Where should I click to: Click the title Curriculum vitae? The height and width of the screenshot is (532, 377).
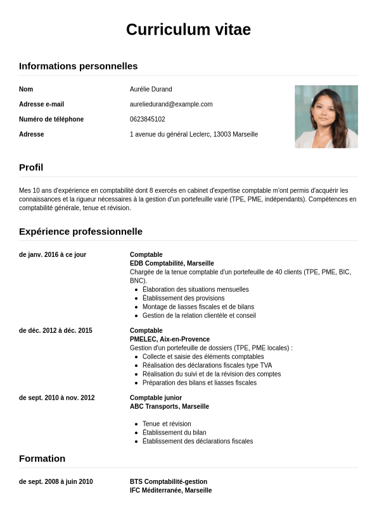[188, 30]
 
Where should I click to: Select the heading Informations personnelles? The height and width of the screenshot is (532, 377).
[78, 66]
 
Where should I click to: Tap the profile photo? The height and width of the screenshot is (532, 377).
[326, 116]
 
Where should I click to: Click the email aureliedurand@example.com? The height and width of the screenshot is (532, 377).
[171, 104]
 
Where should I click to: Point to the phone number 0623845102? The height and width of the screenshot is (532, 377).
[148, 120]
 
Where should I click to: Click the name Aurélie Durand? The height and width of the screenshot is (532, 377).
[151, 89]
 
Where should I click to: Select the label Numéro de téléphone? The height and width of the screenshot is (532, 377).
[51, 120]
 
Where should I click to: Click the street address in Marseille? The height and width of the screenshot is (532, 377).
[194, 135]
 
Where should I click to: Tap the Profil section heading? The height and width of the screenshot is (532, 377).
[31, 168]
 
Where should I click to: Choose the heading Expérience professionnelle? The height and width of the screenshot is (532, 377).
[80, 232]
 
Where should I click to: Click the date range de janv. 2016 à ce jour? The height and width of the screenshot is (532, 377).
[53, 255]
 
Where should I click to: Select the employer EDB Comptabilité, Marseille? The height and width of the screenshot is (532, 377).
[172, 263]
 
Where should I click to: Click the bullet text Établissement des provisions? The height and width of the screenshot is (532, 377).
[183, 298]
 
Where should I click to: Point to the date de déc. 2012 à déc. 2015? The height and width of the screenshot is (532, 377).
[56, 331]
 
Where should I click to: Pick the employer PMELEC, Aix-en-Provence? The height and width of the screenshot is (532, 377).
[170, 340]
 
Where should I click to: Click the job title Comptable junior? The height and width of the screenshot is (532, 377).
[156, 398]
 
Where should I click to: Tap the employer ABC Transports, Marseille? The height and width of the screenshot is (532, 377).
[169, 407]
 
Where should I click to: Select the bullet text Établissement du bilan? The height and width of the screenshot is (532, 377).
[174, 433]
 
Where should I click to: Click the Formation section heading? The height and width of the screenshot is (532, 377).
[42, 459]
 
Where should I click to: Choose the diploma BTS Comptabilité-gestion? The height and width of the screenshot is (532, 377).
[169, 482]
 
